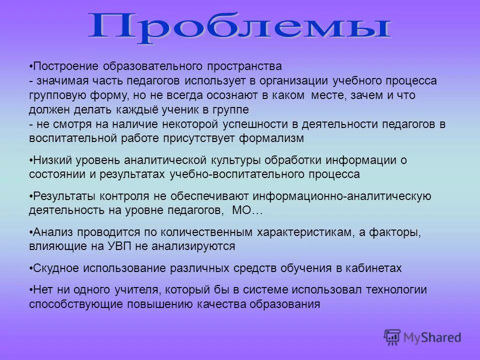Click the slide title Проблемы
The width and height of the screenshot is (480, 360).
point(239,26)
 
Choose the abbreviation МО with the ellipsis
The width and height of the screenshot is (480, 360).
point(247,211)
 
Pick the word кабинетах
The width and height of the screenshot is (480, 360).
point(375,268)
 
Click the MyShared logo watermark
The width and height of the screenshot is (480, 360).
point(423,337)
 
